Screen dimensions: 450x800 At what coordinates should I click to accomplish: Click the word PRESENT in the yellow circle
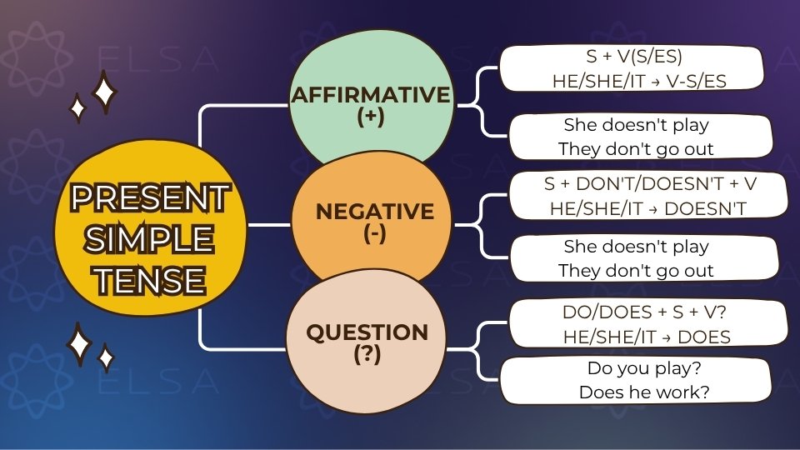click(150, 199)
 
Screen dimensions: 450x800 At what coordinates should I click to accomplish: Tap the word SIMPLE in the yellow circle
click(150, 239)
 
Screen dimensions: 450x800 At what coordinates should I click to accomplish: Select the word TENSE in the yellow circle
click(150, 279)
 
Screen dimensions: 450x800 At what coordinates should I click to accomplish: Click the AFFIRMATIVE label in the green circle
click(370, 95)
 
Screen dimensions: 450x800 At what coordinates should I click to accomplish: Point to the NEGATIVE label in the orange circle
click(374, 212)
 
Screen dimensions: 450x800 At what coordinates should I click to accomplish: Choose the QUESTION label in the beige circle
click(367, 332)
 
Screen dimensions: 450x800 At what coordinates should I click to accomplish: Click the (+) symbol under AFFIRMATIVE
click(370, 117)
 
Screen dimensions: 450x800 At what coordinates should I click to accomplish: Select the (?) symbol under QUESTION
click(367, 353)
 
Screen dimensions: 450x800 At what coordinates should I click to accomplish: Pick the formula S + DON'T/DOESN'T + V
click(647, 183)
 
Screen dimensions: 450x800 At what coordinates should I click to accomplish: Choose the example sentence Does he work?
click(643, 391)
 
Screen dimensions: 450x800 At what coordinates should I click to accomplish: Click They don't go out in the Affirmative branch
click(636, 150)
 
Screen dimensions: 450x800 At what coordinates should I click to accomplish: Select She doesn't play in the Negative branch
click(636, 247)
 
